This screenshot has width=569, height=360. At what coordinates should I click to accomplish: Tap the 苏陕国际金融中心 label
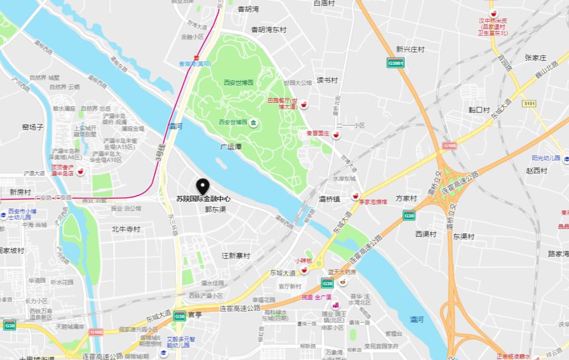tap(203, 199)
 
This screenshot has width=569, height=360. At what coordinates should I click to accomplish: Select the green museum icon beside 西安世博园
tap(253, 122)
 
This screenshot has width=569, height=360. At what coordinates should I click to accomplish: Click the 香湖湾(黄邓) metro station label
tap(195, 64)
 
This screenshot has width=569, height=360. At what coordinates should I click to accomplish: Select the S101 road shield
tap(529, 104)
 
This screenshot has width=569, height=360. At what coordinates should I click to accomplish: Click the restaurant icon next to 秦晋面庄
tap(336, 134)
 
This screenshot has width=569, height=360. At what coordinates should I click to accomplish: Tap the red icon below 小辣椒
tap(304, 270)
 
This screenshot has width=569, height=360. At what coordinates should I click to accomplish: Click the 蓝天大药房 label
tap(342, 273)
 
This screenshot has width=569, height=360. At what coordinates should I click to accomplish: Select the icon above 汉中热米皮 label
tap(493, 13)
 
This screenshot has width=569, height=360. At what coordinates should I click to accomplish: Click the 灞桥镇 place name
tap(329, 199)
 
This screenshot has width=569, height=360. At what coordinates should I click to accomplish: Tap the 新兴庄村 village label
tap(410, 49)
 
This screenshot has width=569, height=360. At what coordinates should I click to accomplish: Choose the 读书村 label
tap(327, 80)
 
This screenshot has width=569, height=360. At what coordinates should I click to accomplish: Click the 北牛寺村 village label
tap(126, 229)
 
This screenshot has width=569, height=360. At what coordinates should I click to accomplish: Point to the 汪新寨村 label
tap(236, 256)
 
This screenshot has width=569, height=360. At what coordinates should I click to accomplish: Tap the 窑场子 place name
tap(33, 127)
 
